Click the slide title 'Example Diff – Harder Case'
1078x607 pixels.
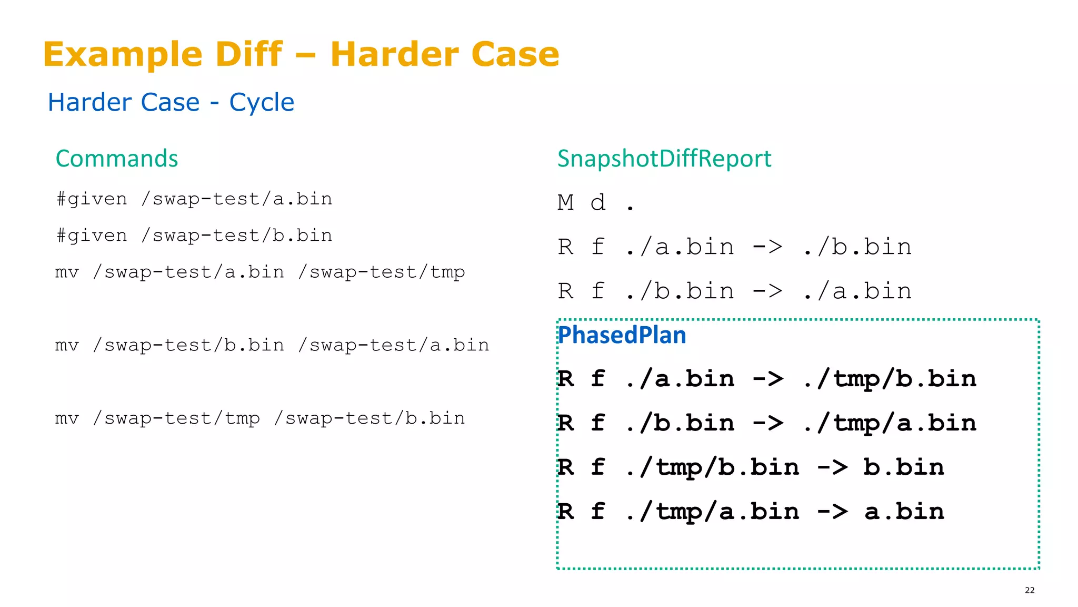click(301, 54)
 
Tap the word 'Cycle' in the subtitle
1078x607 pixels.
click(262, 102)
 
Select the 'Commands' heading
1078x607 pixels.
click(117, 159)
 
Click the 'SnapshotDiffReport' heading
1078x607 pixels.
click(664, 159)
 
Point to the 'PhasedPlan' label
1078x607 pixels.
click(622, 335)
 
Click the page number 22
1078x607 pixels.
click(1030, 590)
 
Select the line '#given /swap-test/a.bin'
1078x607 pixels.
click(194, 199)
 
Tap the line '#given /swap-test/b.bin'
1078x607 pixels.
click(194, 236)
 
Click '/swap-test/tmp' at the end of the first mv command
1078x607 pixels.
click(382, 272)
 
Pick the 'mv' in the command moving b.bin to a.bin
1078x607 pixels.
click(67, 345)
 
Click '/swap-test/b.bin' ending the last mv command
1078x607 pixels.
click(370, 418)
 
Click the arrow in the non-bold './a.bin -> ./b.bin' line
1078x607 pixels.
click(768, 247)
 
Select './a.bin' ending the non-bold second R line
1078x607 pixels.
click(857, 291)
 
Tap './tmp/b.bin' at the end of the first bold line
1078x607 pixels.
click(890, 379)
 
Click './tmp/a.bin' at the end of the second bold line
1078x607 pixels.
click(890, 424)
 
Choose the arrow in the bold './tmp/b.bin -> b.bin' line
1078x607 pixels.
click(832, 467)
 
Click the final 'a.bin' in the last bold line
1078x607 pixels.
click(904, 512)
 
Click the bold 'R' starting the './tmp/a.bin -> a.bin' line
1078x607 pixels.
click(566, 512)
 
